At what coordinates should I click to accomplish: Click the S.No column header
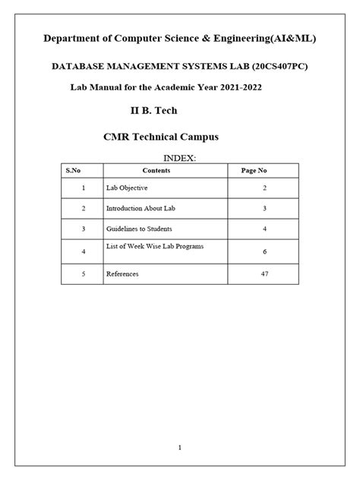(82, 171)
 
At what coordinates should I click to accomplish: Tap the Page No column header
(254, 171)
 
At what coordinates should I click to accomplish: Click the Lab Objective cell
(127, 187)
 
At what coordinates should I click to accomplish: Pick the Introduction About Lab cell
(138, 207)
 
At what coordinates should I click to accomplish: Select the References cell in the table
(122, 273)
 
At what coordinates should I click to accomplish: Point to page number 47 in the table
(264, 273)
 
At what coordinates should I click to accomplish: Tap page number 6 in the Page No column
(264, 251)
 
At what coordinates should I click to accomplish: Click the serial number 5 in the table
(82, 273)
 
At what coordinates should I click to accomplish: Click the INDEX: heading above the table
(181, 157)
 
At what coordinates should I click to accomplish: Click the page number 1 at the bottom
(180, 447)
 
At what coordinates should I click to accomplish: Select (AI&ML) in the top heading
(292, 38)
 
